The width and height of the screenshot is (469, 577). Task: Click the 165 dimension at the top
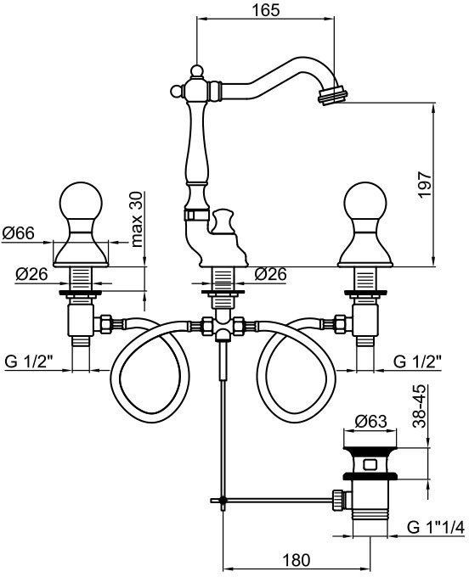[266, 10]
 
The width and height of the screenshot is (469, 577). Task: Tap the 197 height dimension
[426, 185]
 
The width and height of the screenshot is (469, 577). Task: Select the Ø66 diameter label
[19, 233]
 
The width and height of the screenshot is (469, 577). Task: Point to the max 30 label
[136, 219]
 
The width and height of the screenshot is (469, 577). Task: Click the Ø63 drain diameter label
[371, 422]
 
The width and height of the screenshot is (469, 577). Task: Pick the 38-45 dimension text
[419, 406]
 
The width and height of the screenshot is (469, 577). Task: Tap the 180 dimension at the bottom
[297, 560]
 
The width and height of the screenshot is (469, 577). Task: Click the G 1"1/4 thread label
[436, 528]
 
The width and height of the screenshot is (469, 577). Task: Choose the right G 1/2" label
[418, 362]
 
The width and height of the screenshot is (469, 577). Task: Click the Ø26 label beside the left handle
[31, 274]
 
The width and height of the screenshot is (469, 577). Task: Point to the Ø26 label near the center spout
[271, 274]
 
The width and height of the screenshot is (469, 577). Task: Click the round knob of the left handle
[81, 201]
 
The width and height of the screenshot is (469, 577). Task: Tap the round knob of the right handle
[365, 201]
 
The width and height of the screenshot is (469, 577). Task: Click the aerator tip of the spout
[332, 95]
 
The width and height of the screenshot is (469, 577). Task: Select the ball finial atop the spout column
[196, 70]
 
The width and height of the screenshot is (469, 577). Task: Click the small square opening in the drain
[370, 464]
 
